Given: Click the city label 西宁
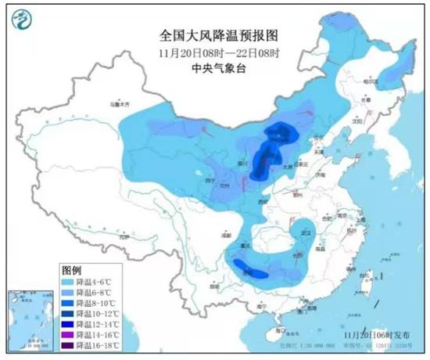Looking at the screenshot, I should [x=209, y=179].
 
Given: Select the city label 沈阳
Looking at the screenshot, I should [x=358, y=122].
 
